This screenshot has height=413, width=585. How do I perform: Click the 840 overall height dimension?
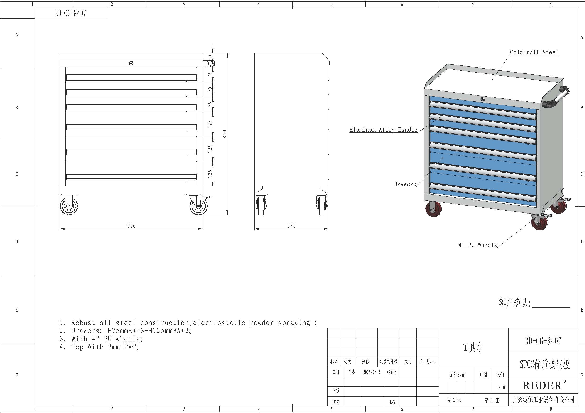click(224, 134)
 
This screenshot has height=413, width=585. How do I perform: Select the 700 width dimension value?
click(132, 226)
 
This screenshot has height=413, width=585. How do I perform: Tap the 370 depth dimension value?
click(291, 226)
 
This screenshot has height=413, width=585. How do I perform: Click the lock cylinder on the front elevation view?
click(131, 63)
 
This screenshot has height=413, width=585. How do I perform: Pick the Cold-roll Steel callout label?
click(534, 52)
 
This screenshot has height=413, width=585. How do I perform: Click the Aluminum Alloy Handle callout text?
click(383, 130)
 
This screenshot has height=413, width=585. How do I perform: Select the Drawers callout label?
click(405, 184)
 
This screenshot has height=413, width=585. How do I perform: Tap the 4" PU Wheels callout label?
click(478, 245)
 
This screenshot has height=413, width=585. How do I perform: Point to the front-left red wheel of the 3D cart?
click(433, 209)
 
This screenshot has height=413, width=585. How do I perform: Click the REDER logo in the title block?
click(543, 386)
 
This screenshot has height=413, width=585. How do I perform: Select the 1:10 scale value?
click(501, 388)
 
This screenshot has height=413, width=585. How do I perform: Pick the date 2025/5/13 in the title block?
click(371, 372)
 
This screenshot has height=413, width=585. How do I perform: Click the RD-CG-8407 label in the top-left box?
click(71, 13)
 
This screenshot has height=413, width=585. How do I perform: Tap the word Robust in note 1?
click(83, 323)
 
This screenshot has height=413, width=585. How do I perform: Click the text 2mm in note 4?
click(114, 347)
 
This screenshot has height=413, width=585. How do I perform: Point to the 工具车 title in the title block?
click(472, 347)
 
